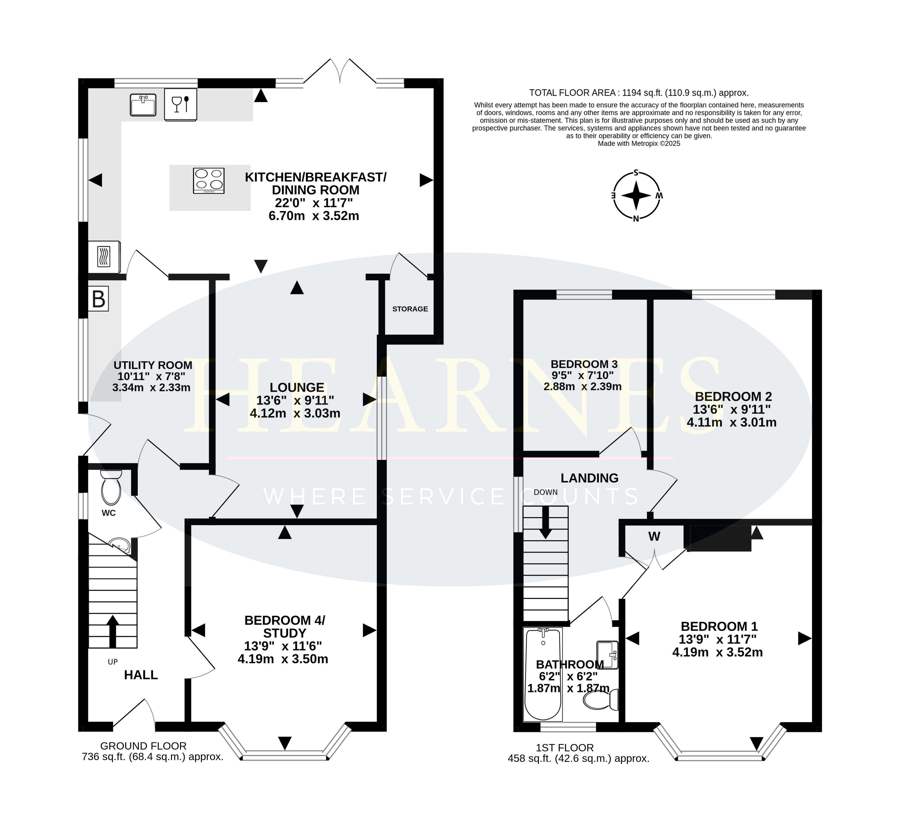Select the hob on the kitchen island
pyautogui.click(x=209, y=180)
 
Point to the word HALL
pyautogui.click(x=141, y=675)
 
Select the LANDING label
pyautogui.click(x=589, y=478)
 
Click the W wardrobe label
pyautogui.click(x=654, y=536)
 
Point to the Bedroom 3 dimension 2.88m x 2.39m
pyautogui.click(x=583, y=386)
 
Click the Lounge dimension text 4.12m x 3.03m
pyautogui.click(x=295, y=413)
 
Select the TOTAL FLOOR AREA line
pyautogui.click(x=639, y=93)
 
